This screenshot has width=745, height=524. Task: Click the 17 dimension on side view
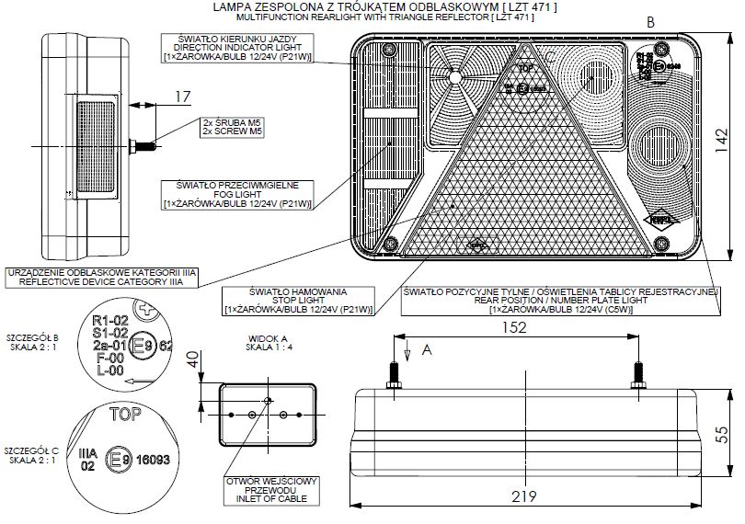[x=182, y=95]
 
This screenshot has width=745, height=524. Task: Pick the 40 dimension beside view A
[x=192, y=360]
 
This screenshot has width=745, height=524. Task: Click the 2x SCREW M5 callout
[x=233, y=126]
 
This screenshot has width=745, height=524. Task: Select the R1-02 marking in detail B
[x=109, y=321]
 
